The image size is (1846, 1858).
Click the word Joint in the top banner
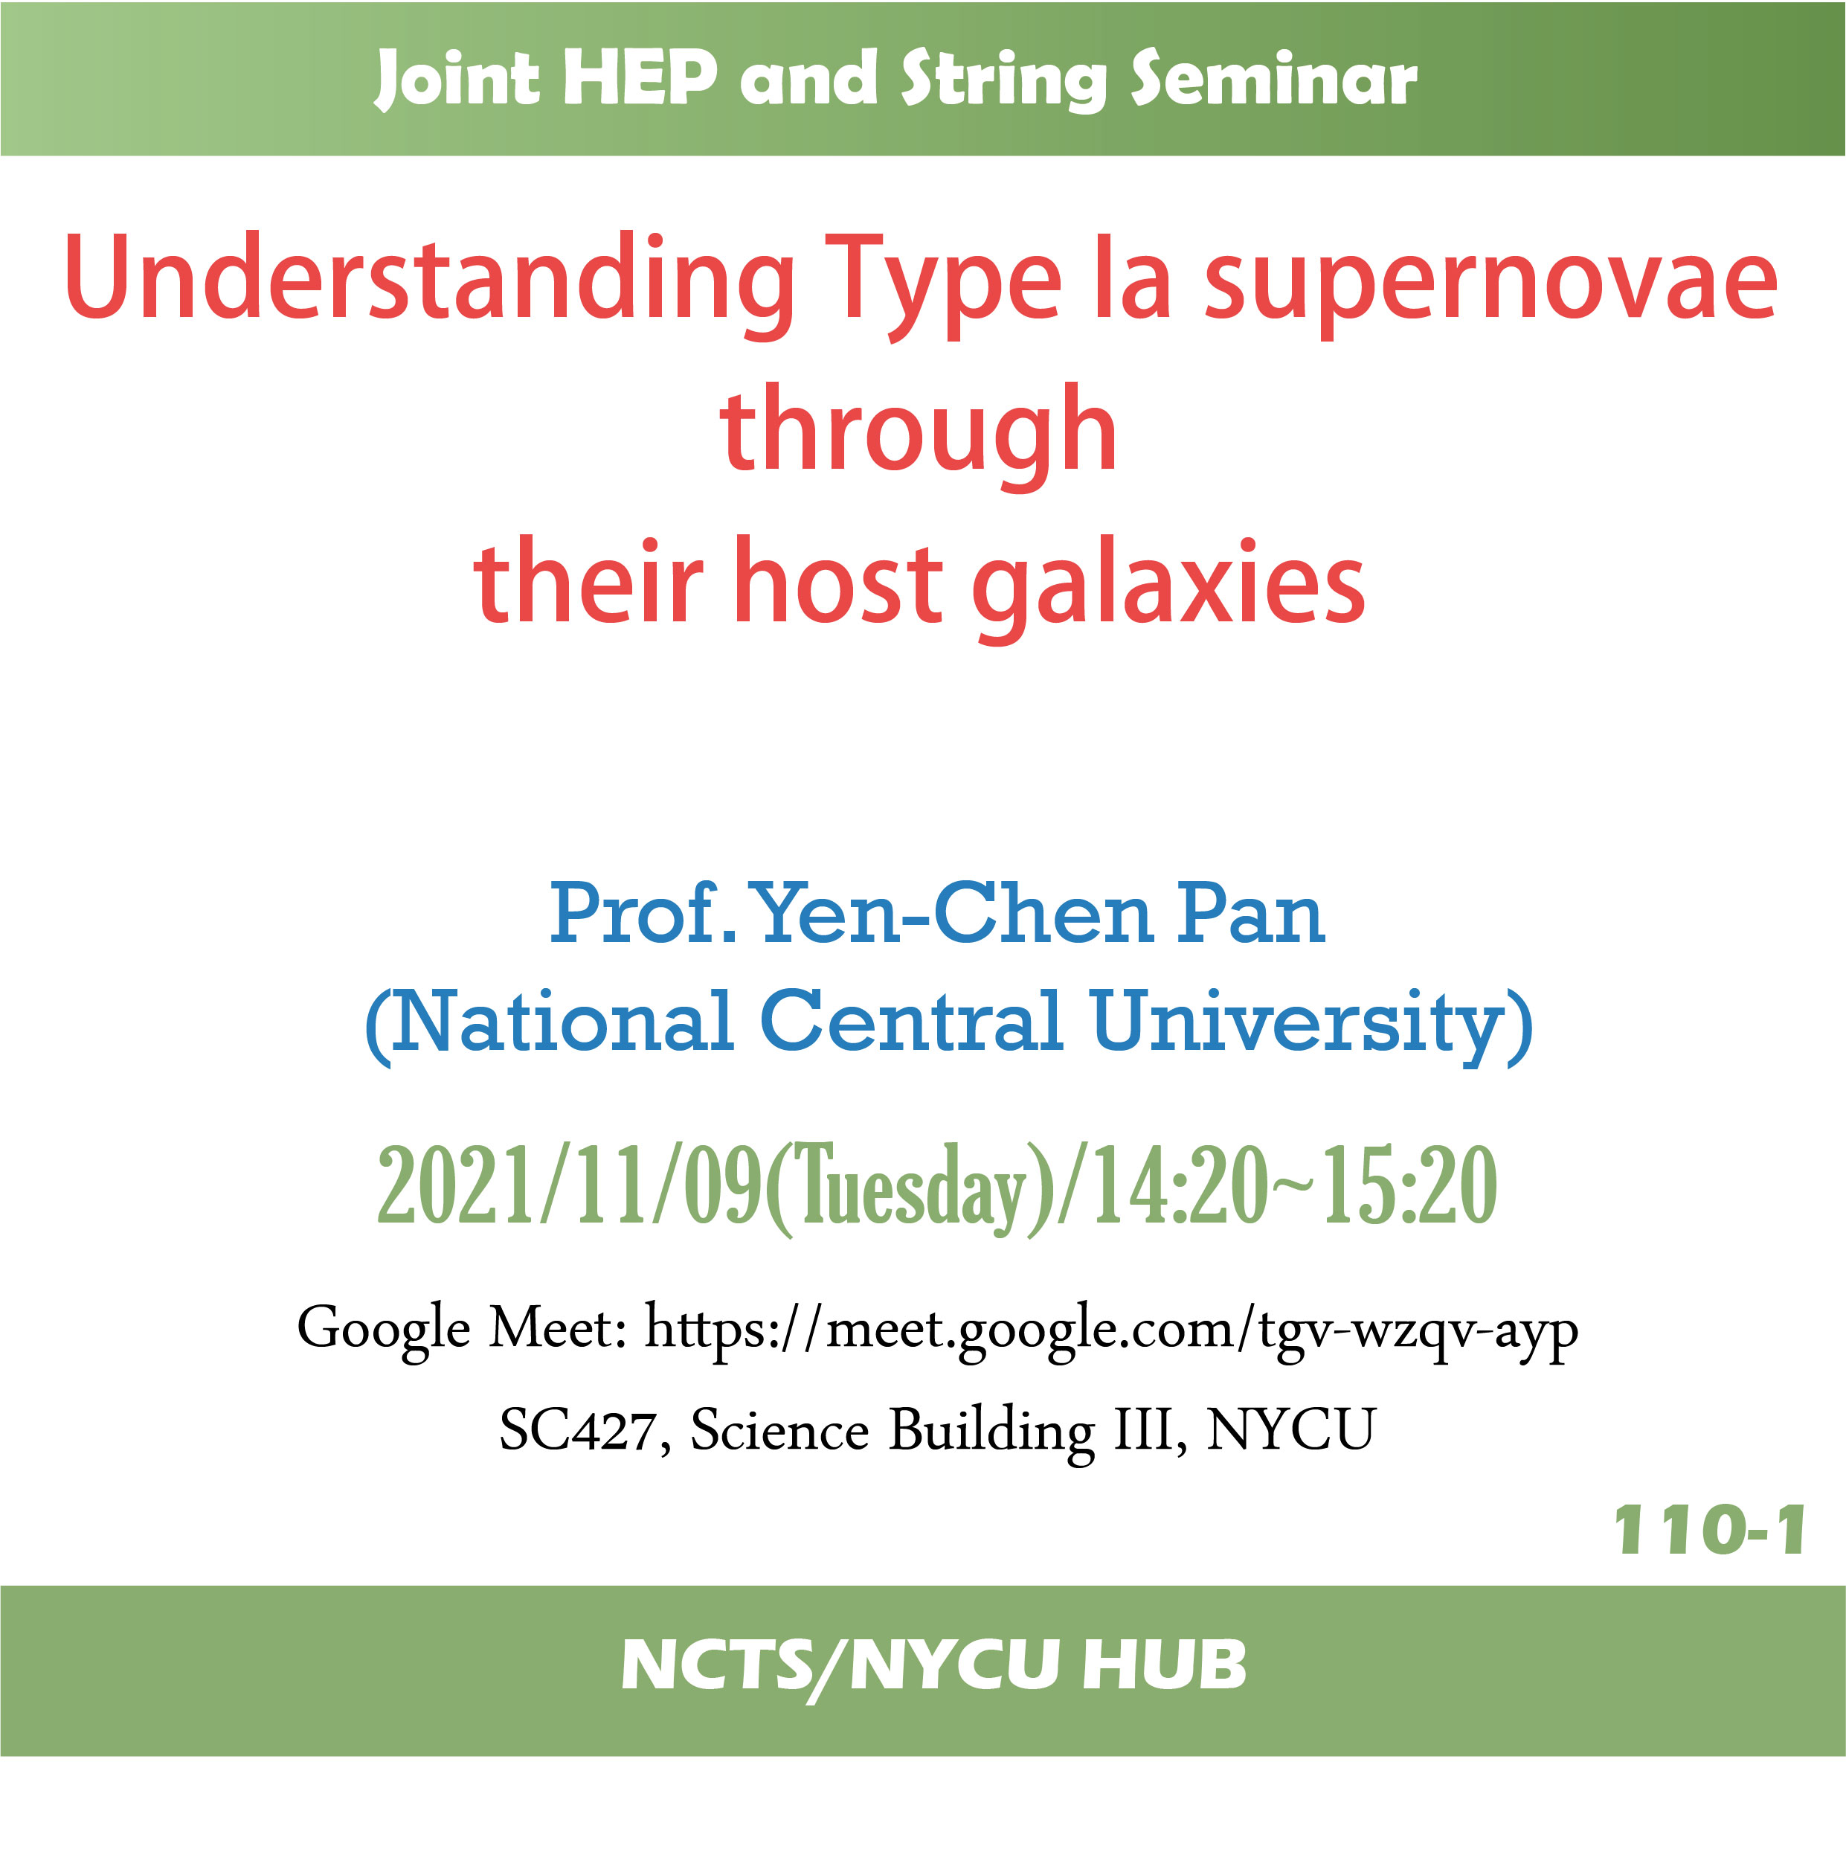coord(457,80)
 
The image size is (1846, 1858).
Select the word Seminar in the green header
coord(1273,78)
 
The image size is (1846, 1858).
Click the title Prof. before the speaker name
coord(643,913)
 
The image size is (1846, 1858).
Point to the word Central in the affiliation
coord(911,1022)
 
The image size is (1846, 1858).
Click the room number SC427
coord(577,1431)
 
